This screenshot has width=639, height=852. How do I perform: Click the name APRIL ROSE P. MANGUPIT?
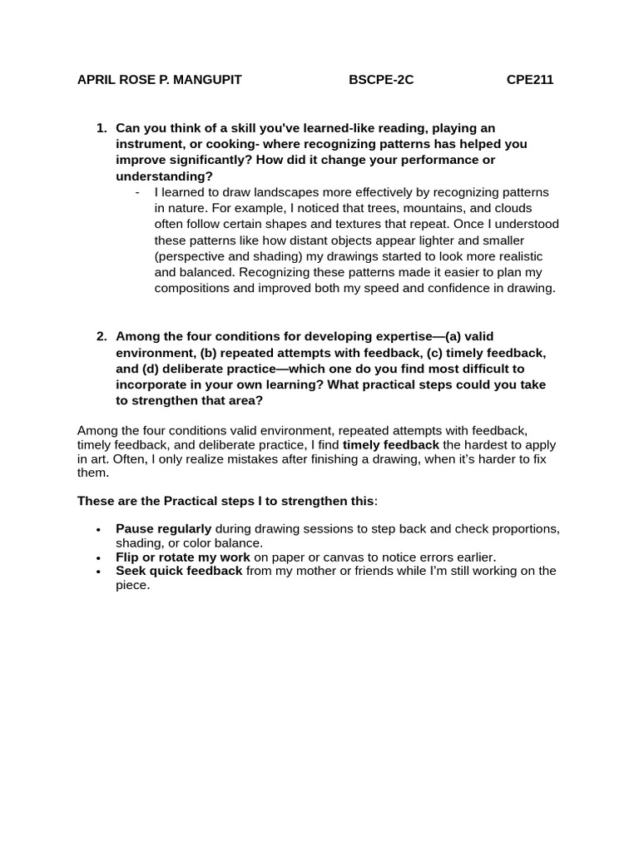[159, 80]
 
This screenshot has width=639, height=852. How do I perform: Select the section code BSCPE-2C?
[381, 80]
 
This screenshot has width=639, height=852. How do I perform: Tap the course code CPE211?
[530, 80]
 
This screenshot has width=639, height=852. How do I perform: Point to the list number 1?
[102, 128]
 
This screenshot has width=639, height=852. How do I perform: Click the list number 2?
[102, 337]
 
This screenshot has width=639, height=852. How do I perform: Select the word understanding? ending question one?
[164, 176]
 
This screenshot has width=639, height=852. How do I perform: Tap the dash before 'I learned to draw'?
[136, 192]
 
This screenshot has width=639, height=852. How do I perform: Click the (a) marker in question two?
[453, 337]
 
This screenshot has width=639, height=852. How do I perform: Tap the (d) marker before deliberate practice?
[154, 369]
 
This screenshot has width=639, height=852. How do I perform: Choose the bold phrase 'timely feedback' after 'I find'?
[390, 445]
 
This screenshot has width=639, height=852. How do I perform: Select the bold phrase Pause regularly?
[163, 529]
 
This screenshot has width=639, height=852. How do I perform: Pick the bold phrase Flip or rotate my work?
[182, 557]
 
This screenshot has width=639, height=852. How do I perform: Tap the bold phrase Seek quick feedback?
[179, 571]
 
